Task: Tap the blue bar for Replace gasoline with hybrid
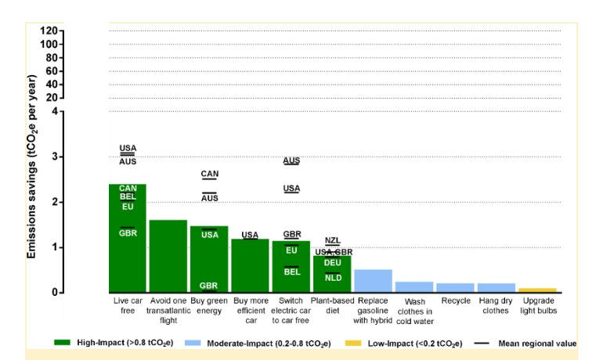point(373,281)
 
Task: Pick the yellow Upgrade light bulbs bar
point(536,290)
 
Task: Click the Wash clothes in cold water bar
point(413,287)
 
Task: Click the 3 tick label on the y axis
point(55,157)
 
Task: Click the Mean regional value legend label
point(537,343)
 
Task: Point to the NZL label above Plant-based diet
point(333,240)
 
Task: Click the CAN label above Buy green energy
point(210,174)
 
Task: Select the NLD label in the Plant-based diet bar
point(333,278)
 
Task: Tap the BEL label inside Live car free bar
point(128,196)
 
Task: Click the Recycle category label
point(455,300)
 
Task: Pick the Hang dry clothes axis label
point(496,305)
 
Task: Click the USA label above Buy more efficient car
point(250,235)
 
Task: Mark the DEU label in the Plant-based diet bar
point(333,263)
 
